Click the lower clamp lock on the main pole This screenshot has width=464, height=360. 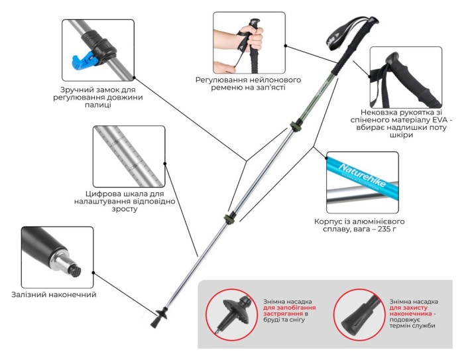(229, 219)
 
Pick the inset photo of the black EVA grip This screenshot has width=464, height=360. (405, 74)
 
